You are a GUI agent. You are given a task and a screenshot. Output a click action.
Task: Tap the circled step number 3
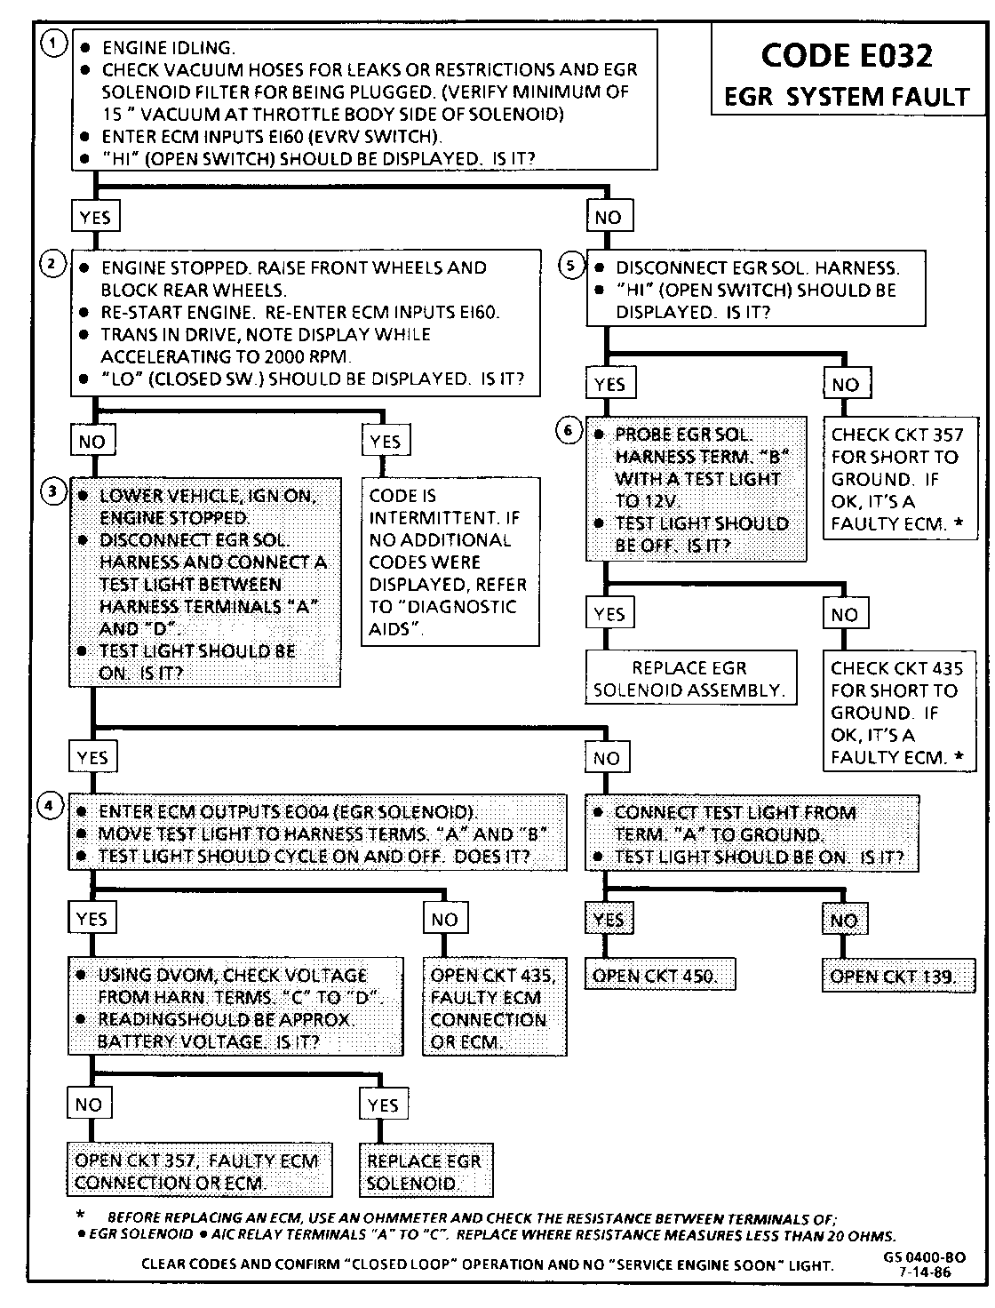(x=55, y=491)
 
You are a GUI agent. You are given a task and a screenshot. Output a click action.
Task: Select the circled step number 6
(x=569, y=431)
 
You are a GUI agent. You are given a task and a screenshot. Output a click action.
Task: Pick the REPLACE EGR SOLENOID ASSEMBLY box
(x=689, y=679)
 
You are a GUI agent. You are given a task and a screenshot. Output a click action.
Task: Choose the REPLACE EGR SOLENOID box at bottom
(x=425, y=1171)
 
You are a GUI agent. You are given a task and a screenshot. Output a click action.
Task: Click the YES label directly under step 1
(x=95, y=217)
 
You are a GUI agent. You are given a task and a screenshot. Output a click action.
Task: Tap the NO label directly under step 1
(x=608, y=217)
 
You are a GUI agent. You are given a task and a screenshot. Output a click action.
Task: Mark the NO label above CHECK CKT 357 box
(x=846, y=384)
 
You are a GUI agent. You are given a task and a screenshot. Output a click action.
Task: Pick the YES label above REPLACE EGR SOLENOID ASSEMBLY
(x=609, y=614)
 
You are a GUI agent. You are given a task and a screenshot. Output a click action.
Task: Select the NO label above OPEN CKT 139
(x=843, y=921)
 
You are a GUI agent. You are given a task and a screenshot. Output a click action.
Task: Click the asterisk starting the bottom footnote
(x=81, y=1216)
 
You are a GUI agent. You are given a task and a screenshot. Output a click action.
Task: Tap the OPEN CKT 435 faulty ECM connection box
(x=494, y=1008)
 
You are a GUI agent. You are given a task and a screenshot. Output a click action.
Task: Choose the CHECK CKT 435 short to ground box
(x=896, y=712)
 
